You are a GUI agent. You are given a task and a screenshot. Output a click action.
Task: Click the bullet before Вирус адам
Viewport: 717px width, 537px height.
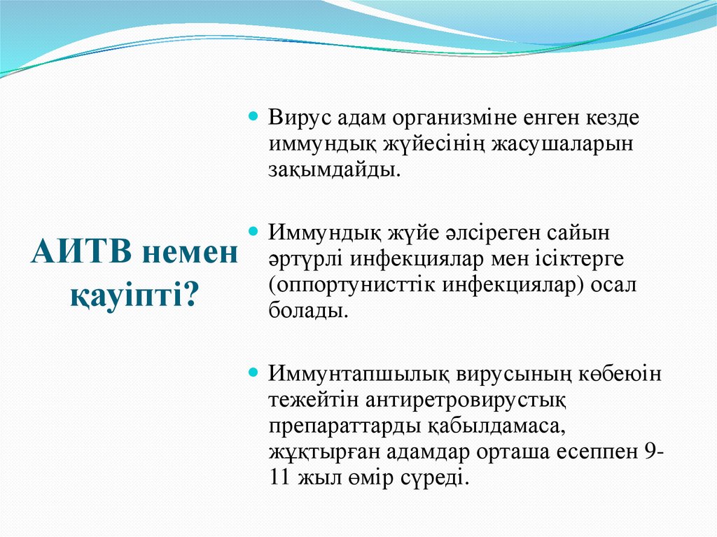coord(255,114)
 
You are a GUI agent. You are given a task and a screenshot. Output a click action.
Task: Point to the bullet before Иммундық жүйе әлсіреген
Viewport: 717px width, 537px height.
coord(255,229)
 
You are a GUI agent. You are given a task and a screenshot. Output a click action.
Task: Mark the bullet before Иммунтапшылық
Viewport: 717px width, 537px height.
coord(255,370)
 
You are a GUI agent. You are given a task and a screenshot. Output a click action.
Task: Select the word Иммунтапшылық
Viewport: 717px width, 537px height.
coord(359,373)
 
